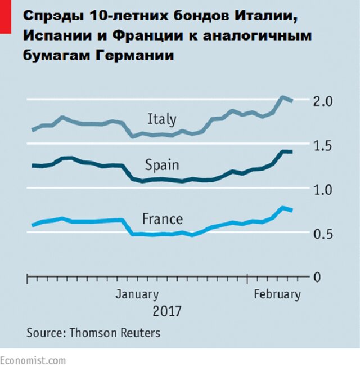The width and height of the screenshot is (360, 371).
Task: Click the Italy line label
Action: click(x=161, y=119)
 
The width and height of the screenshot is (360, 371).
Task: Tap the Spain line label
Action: click(x=162, y=166)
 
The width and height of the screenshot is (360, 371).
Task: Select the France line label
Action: click(x=162, y=218)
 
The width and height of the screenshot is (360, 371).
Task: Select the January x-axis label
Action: click(x=137, y=294)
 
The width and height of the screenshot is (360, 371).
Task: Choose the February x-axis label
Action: click(x=277, y=294)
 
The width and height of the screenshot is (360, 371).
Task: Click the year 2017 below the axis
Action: click(x=167, y=311)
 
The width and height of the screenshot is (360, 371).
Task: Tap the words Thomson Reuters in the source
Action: click(x=115, y=333)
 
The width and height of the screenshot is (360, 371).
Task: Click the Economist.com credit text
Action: click(x=33, y=360)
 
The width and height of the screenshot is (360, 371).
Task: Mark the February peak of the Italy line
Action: click(x=283, y=97)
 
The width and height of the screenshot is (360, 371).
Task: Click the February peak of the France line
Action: click(x=283, y=208)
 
